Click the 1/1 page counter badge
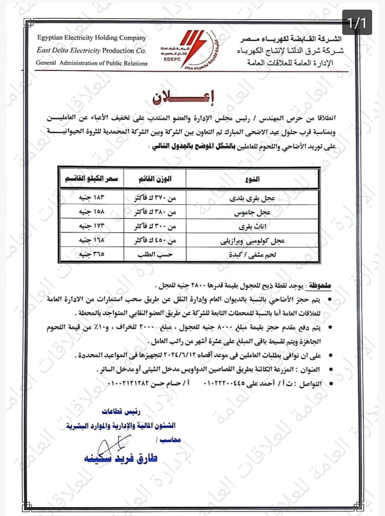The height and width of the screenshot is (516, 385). pos(357,22)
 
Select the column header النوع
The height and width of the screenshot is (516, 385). pos(252,179)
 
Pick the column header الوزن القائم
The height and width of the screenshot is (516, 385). pos(155,179)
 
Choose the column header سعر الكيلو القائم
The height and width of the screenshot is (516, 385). pos(91,179)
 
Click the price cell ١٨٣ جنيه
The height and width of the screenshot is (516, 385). pos(92,198)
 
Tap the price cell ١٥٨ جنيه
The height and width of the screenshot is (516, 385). pos(92,212)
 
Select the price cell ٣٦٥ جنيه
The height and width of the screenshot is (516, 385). pos(92,254)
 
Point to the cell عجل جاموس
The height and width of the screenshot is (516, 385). pos(252,213)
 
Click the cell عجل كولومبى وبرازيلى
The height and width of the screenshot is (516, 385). pos(252,241)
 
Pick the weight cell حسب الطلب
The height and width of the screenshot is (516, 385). pos(155,255)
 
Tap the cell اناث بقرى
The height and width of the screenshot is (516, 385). pos(252,226)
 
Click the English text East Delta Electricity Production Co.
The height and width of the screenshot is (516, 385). pos(91,51)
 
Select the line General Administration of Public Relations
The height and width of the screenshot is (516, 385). pos(91,63)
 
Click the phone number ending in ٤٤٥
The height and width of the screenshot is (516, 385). pos(225,384)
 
